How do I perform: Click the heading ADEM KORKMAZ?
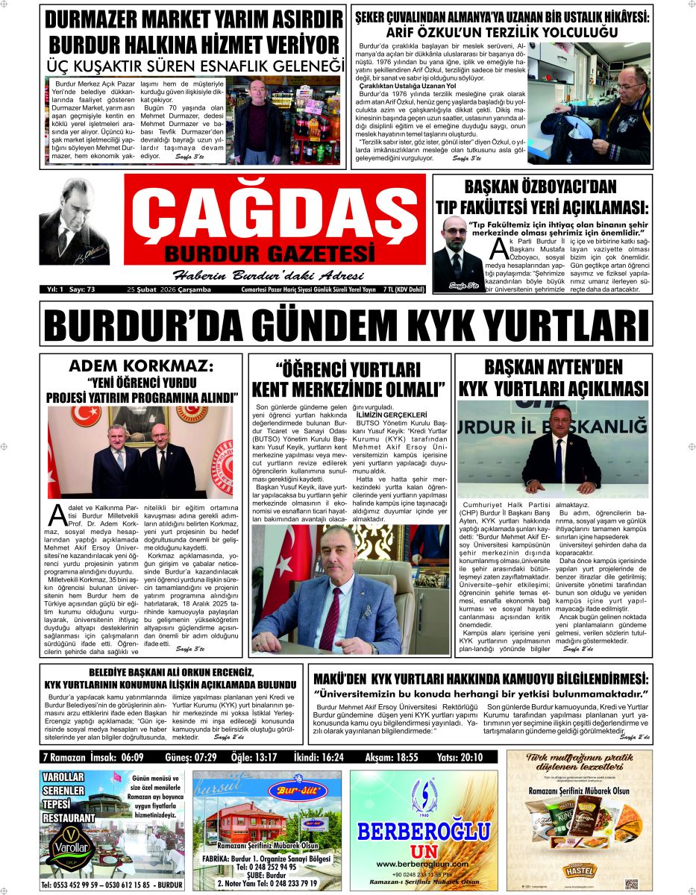[x=140, y=366]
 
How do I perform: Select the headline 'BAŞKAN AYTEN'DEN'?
[x=553, y=367]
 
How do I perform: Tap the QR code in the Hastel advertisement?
[x=631, y=884]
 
